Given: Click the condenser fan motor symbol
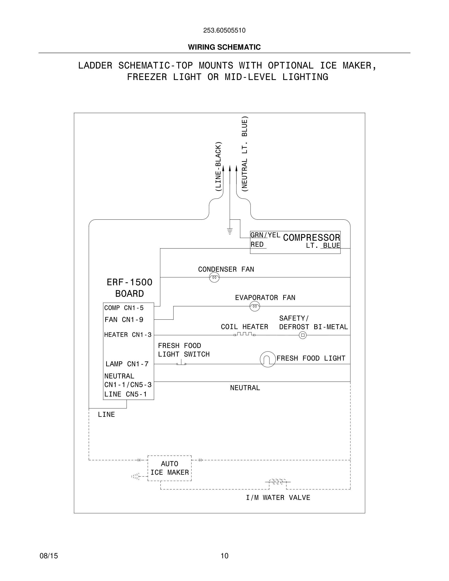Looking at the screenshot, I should click(x=214, y=278).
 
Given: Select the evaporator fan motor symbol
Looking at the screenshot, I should click(x=255, y=306).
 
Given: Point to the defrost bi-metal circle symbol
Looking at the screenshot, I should click(x=303, y=335).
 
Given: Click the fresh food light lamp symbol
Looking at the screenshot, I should click(x=268, y=359).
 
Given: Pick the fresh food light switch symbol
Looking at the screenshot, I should click(x=181, y=363).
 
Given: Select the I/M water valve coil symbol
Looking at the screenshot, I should click(x=278, y=481).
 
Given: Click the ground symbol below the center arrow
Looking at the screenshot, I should click(x=230, y=231).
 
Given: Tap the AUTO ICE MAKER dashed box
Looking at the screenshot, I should click(x=169, y=468).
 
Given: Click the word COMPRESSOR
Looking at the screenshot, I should click(x=312, y=238).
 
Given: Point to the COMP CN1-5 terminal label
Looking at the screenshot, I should click(x=124, y=308).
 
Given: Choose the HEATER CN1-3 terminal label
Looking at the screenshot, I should click(x=128, y=335).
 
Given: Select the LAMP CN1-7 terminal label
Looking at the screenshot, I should click(x=127, y=364).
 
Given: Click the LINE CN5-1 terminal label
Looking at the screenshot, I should click(x=125, y=394).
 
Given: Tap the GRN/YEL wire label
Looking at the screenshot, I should click(x=265, y=235).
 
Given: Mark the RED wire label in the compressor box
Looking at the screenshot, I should click(x=257, y=245).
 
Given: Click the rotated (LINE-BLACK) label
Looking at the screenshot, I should click(x=218, y=167).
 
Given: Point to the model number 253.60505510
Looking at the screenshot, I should click(x=224, y=30).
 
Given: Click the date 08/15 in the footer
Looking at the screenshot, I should click(x=49, y=556).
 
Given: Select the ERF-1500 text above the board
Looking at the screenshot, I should click(x=130, y=282).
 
